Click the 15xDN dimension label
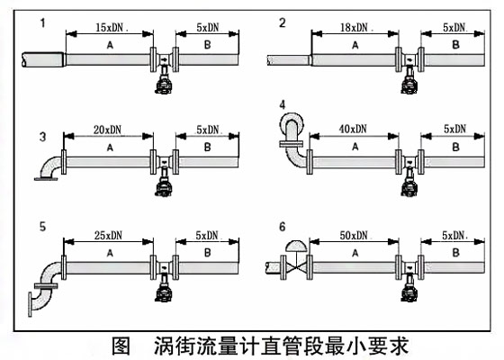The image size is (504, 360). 109,28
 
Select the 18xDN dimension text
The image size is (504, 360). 354,28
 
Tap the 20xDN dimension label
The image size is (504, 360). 107,130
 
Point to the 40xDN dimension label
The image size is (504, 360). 353,130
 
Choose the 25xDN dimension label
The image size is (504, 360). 108,236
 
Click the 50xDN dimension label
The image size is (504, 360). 354,236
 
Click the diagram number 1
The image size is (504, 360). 43,23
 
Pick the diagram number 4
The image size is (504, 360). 283,104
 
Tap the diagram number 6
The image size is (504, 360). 283,227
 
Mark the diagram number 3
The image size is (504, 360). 43,137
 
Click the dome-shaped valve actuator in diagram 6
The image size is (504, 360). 296,246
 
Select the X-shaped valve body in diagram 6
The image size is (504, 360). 296,267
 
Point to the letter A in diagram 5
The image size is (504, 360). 110,254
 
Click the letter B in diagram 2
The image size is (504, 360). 455,45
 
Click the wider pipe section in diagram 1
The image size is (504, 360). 43,59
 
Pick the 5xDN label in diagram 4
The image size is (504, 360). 454,130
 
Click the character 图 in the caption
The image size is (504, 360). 121,346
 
